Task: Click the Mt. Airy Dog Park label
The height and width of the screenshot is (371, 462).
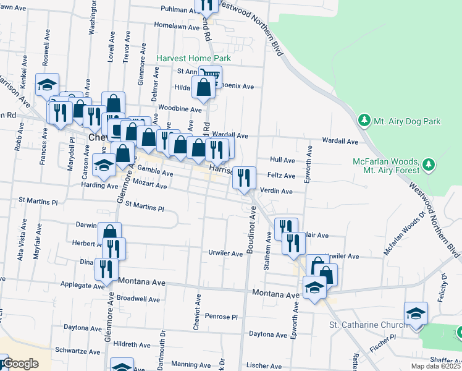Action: pos(407,121)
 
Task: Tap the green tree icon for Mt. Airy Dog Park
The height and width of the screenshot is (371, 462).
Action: pos(365,120)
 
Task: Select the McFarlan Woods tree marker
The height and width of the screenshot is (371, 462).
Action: pos(427,165)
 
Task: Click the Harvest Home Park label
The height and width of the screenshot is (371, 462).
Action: pos(193,58)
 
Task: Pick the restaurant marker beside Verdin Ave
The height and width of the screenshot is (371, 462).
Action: pos(244,179)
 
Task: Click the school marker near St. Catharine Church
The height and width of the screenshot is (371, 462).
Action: pos(416,313)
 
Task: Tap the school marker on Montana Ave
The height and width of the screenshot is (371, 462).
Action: pos(314,288)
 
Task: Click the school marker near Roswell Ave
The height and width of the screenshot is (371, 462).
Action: pos(47,85)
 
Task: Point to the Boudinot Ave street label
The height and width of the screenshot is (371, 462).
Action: pos(251,233)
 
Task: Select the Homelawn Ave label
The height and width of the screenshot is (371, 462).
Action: pos(178,26)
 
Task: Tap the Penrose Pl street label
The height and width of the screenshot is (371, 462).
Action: pos(222,316)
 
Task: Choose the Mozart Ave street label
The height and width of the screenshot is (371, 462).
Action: pos(152,185)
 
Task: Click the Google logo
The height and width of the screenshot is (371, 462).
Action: pos(21,364)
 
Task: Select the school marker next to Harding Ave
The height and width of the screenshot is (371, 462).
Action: pos(104,164)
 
